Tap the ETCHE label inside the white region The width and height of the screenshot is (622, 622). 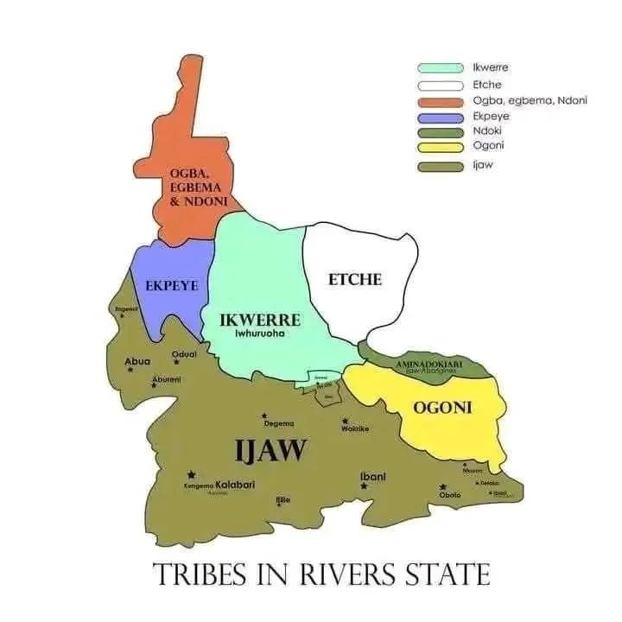(x=354, y=279)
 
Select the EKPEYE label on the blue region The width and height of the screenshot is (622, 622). (x=171, y=285)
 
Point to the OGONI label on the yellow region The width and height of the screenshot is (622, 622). (x=442, y=408)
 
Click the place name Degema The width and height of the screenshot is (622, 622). (x=278, y=423)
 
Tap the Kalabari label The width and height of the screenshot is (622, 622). (x=235, y=485)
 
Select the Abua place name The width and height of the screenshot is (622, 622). (x=138, y=361)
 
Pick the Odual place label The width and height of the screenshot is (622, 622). (x=185, y=353)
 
